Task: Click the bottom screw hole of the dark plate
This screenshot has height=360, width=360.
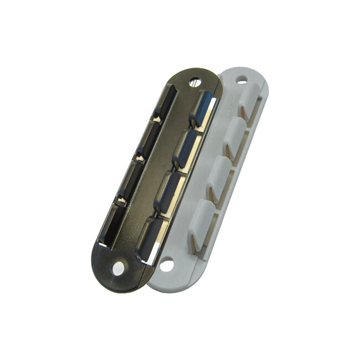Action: coord(118,269)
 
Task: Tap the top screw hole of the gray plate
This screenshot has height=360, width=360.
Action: coord(241,81)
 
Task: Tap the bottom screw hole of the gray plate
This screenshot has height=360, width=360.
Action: coord(166,265)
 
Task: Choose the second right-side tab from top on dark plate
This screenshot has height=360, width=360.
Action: coord(186,147)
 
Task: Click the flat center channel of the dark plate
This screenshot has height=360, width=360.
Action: coord(152,172)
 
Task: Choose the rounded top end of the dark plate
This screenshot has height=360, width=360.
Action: coord(199,75)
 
